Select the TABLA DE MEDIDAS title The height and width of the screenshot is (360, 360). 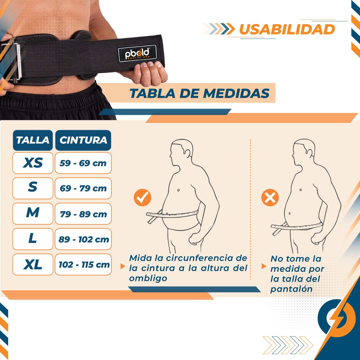(199, 93)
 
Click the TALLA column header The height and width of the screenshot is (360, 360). (33, 140)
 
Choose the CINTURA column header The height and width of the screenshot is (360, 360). (83, 140)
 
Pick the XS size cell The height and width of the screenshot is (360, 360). (33, 163)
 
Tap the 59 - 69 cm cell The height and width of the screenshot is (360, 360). (83, 163)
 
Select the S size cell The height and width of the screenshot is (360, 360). (33, 188)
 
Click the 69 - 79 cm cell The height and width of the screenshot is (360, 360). (83, 188)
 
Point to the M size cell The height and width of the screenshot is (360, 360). (33, 213)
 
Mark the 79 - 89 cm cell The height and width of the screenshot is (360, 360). (83, 214)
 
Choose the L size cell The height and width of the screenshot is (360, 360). (33, 239)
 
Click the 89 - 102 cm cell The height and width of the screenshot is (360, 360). (83, 239)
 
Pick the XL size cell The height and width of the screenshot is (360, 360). (33, 264)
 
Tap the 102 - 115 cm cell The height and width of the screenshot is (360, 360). (83, 265)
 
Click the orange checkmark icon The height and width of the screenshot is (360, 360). (142, 197)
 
